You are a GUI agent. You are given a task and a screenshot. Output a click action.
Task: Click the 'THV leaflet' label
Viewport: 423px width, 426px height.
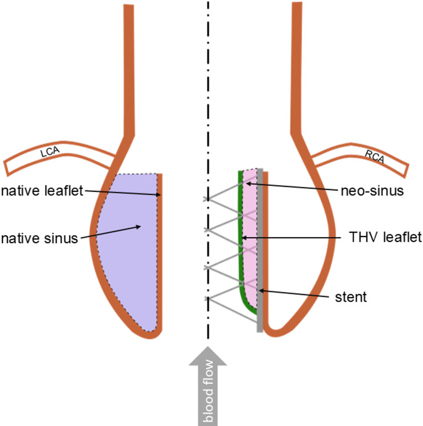(379, 236)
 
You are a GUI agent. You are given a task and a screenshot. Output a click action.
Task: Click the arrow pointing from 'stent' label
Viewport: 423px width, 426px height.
(296, 293)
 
